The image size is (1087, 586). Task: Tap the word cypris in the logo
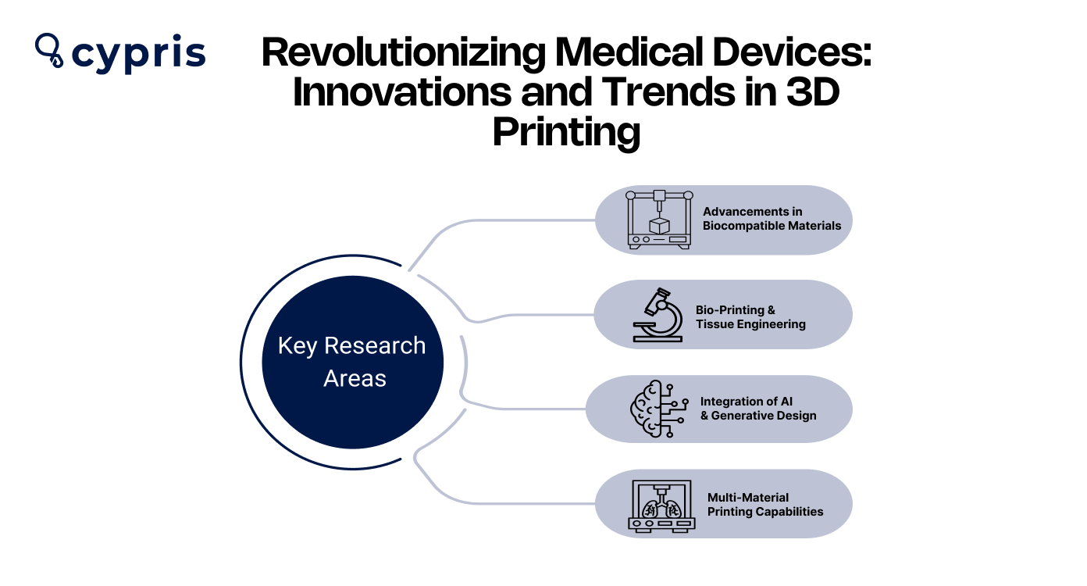138,54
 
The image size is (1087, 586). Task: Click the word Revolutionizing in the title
401,54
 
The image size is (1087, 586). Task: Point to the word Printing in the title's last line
566,131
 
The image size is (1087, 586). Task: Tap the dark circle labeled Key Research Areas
352,362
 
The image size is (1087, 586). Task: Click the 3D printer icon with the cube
660,220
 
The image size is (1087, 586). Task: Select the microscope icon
656,315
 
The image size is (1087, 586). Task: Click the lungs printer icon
661,506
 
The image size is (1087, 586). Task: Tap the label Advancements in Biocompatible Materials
772,219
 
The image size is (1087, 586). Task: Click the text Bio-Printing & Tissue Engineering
750,317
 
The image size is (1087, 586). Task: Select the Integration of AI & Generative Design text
757,409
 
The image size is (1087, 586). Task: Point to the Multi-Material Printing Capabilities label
765,505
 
